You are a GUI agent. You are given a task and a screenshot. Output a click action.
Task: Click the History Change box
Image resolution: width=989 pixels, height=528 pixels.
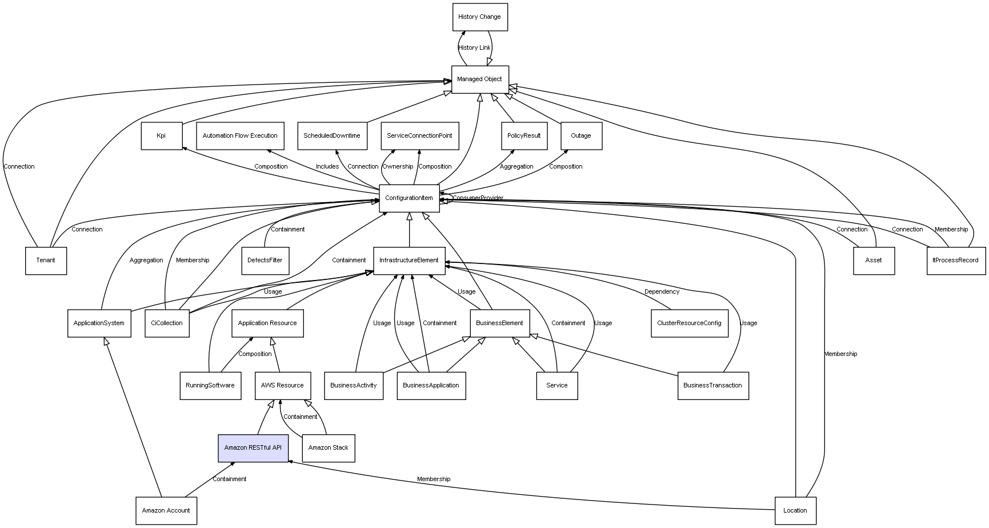tap(480, 17)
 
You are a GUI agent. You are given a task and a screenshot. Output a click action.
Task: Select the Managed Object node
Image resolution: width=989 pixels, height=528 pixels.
tap(480, 79)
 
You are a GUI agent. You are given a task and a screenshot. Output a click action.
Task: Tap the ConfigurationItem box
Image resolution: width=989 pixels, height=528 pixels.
tap(409, 198)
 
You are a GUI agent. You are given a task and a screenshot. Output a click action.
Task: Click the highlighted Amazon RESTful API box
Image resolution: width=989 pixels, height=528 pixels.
tap(253, 448)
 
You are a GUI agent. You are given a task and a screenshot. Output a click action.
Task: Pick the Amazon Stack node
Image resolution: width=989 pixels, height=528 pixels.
tap(329, 448)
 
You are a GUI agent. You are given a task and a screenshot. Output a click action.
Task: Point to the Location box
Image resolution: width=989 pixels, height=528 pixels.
tap(795, 511)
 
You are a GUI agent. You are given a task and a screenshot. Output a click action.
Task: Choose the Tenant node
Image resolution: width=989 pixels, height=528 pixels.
tap(46, 261)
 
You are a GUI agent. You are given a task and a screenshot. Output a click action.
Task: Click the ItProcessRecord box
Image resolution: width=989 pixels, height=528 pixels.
tap(956, 261)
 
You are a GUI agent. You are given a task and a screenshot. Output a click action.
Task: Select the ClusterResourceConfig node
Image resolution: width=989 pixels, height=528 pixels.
tap(690, 323)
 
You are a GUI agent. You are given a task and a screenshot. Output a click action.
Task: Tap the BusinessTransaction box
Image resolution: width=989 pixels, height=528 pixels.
tap(713, 386)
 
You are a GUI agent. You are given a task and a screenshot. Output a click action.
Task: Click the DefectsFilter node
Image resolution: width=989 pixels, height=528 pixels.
tap(265, 261)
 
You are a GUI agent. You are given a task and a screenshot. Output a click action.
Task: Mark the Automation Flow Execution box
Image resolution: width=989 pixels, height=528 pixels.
tap(240, 136)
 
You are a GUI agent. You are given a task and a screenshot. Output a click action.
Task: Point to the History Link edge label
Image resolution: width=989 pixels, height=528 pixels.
tap(474, 48)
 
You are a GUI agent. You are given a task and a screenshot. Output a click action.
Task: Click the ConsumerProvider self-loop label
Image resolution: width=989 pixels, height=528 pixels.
tap(478, 198)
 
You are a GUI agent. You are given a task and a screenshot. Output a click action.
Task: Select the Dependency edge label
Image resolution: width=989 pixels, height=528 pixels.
tap(662, 292)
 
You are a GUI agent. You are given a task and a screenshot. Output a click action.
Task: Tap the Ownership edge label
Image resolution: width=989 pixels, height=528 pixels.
tap(398, 167)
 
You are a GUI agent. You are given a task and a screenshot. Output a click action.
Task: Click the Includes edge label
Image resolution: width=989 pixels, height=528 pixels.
tap(327, 167)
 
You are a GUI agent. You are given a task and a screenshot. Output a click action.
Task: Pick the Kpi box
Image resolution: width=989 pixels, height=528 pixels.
tap(162, 136)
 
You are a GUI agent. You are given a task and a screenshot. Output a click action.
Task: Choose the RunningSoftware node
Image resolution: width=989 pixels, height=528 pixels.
tap(210, 386)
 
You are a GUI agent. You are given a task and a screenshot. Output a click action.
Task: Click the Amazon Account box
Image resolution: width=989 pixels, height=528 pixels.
tap(166, 511)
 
